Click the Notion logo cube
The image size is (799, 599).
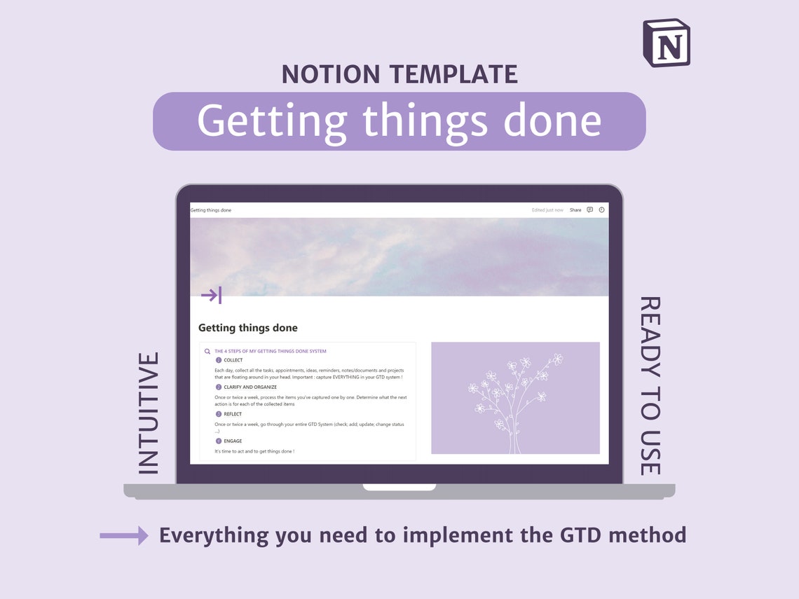pos(667,43)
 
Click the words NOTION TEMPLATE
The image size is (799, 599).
pos(399,74)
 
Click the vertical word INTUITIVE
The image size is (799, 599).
pos(149,413)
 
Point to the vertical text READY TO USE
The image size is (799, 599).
pos(650,386)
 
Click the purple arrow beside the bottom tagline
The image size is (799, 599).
pos(124,536)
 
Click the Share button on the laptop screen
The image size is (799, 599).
pos(575,210)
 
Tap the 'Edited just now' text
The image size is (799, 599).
pos(547,210)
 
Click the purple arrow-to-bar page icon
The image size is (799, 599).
pos(211,295)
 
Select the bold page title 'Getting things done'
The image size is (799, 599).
pos(248,328)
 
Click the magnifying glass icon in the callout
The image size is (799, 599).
pos(207,352)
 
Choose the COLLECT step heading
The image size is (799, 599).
pos(233,360)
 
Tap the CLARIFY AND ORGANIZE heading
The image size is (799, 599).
pos(250,387)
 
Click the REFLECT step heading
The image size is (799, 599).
pos(233,414)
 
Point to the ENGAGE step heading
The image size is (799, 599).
pos(233,441)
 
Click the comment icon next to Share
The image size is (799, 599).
pos(590,210)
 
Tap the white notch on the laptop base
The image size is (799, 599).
pos(399,487)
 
